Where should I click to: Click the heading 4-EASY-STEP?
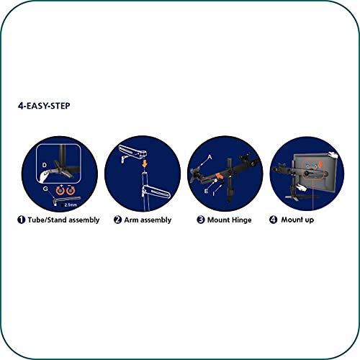tap(44, 106)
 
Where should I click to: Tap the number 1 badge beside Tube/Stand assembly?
tap(21, 220)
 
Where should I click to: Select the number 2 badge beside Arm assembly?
tap(117, 220)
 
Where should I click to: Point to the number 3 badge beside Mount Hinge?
tap(201, 220)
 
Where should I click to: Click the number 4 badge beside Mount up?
tap(274, 220)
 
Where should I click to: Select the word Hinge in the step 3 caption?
tap(242, 220)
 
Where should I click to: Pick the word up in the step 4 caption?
tap(310, 220)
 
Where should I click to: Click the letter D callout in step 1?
tap(45, 165)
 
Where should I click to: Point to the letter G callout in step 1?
tap(45, 189)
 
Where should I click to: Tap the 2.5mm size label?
tap(71, 204)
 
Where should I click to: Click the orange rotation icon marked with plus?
tap(60, 190)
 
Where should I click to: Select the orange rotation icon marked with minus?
tap(71, 190)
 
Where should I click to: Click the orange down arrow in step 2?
tap(145, 163)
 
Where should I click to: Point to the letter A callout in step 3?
tap(210, 157)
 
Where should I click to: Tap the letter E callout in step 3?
tap(206, 192)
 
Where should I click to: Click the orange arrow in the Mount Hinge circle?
tap(220, 176)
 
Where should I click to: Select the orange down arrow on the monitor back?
tap(320, 164)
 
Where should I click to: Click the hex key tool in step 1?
tap(66, 200)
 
